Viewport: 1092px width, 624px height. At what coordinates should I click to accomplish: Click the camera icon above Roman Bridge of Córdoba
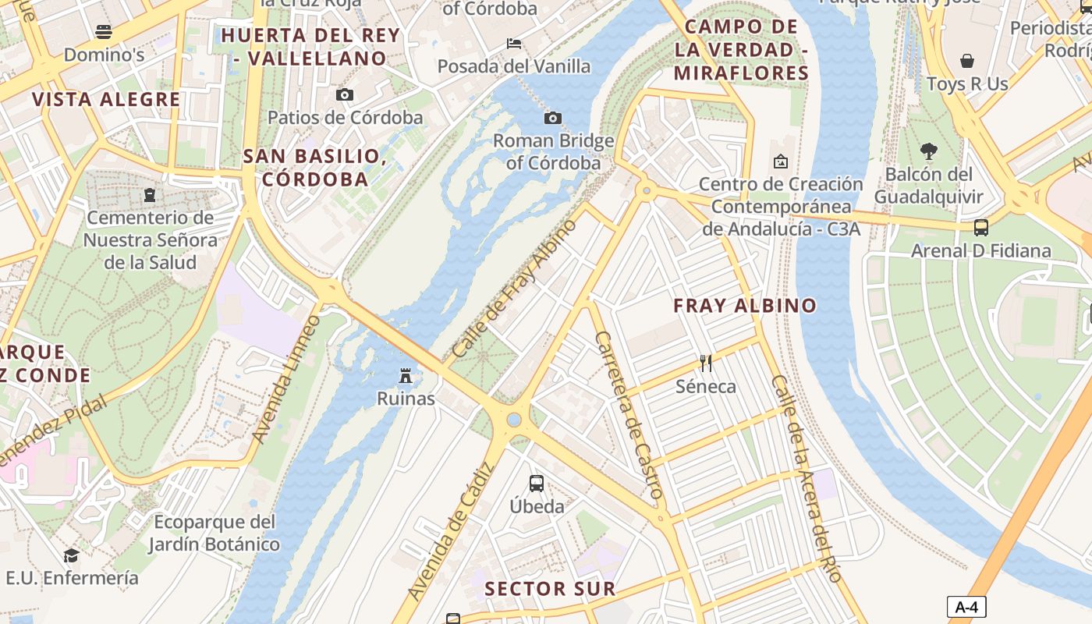click(x=552, y=118)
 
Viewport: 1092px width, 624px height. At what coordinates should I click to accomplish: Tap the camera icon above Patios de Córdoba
click(x=344, y=94)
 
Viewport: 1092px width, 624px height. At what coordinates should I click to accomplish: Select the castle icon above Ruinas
click(x=405, y=376)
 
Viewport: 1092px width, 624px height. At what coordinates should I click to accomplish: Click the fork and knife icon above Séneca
click(x=706, y=363)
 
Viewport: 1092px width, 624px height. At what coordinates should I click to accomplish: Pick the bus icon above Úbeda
click(x=537, y=483)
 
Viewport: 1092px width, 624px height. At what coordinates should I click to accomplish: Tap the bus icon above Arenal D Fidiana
click(x=981, y=228)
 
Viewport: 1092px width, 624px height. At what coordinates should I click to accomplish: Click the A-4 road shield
click(x=966, y=607)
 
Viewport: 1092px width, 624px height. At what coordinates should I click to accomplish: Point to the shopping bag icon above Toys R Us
click(x=967, y=61)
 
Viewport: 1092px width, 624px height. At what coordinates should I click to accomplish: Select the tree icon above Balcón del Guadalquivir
click(x=928, y=151)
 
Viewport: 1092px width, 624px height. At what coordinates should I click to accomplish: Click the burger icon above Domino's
click(x=104, y=32)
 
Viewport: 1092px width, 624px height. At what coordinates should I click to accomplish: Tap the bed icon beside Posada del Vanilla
click(x=514, y=43)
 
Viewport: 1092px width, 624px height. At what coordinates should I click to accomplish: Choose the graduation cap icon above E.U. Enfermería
click(x=72, y=555)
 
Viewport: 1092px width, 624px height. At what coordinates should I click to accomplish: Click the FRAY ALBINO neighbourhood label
click(x=745, y=306)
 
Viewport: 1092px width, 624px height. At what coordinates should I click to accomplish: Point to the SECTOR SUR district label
click(x=550, y=589)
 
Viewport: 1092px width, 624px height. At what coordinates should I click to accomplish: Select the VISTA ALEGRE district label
click(x=107, y=100)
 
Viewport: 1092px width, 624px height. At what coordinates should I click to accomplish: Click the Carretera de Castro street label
click(x=629, y=415)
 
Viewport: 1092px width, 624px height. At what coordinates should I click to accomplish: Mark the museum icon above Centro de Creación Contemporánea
click(x=780, y=161)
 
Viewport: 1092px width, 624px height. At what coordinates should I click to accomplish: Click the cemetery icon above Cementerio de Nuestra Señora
click(x=150, y=194)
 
